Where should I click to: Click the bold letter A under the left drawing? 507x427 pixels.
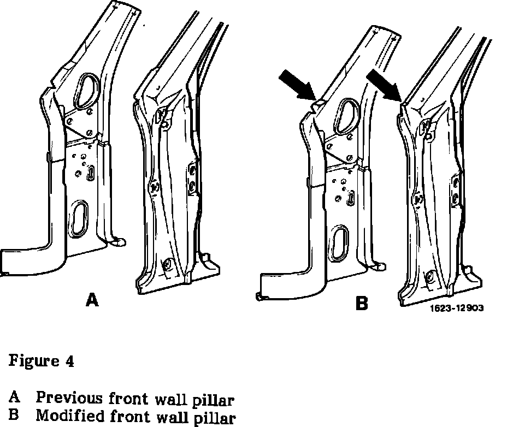click(93, 300)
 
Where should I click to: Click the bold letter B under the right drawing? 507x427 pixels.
click(362, 304)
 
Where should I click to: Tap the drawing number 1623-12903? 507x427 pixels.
click(456, 308)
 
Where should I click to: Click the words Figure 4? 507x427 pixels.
click(41, 361)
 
